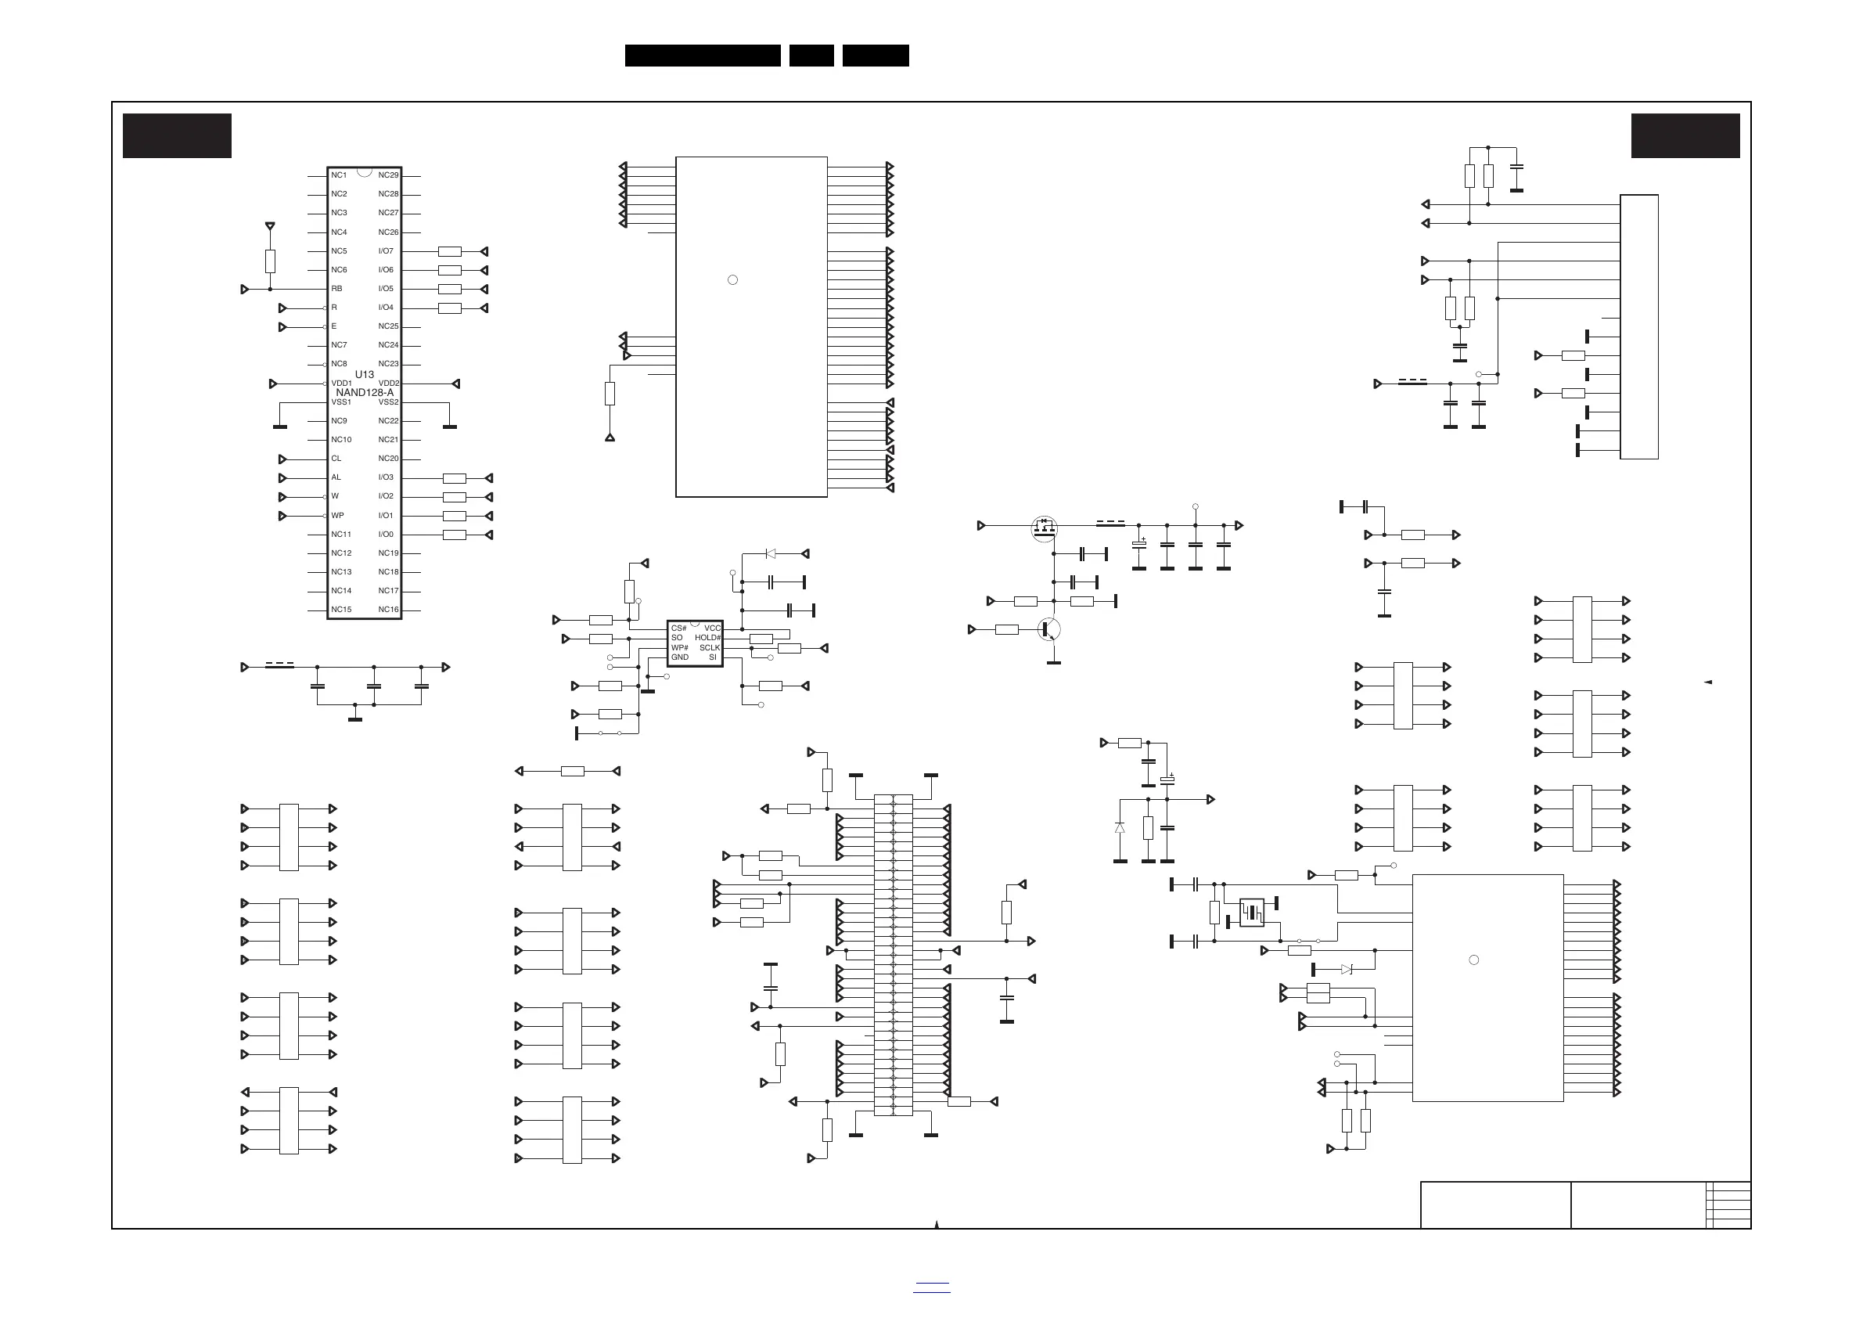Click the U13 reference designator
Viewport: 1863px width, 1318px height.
pyautogui.click(x=365, y=374)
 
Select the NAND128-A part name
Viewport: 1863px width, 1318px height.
pyautogui.click(x=365, y=393)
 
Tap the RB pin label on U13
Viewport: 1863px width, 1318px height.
pyautogui.click(x=336, y=289)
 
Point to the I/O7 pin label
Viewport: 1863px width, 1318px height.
pyautogui.click(x=386, y=250)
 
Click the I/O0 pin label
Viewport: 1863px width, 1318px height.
pyautogui.click(x=386, y=534)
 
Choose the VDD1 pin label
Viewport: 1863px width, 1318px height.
pyautogui.click(x=342, y=383)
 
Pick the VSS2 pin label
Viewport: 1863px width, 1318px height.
pyautogui.click(x=389, y=402)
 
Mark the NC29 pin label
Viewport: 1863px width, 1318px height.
pyautogui.click(x=389, y=175)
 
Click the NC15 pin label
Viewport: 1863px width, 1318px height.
pyautogui.click(x=341, y=610)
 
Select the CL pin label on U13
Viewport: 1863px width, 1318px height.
pyautogui.click(x=336, y=459)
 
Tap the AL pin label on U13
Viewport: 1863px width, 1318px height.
pyautogui.click(x=336, y=477)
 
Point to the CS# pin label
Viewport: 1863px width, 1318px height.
pyautogui.click(x=678, y=629)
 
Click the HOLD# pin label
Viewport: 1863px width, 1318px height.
pyautogui.click(x=707, y=638)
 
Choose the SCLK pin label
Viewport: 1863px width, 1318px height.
pyautogui.click(x=710, y=647)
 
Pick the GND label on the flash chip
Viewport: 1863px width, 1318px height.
pyautogui.click(x=679, y=657)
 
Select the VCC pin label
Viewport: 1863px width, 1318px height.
pyautogui.click(x=713, y=629)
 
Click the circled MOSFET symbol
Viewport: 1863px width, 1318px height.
pyautogui.click(x=1044, y=529)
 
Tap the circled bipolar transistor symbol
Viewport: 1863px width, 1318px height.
pyautogui.click(x=1049, y=629)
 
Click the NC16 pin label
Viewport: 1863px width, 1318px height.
pyautogui.click(x=389, y=610)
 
